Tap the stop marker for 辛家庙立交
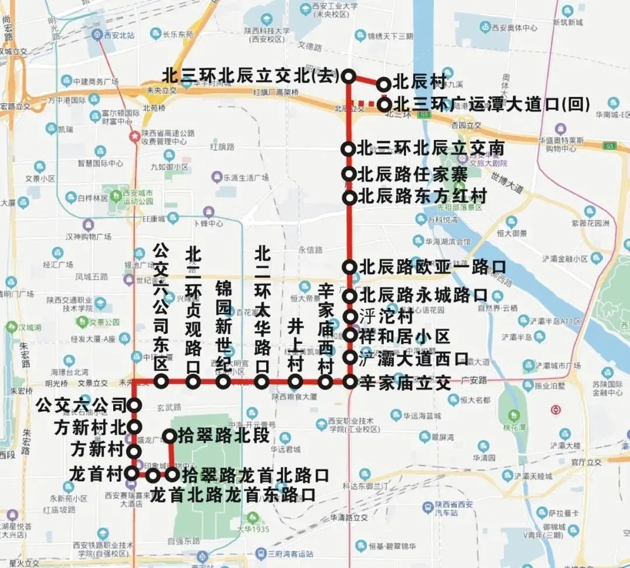click(349, 382)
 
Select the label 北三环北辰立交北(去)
click(251, 76)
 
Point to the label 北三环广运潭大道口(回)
click(492, 105)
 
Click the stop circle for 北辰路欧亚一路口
click(349, 267)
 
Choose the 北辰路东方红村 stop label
click(423, 197)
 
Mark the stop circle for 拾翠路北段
click(170, 436)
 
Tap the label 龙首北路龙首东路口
click(233, 495)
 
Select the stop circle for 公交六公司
click(134, 405)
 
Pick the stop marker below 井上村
click(296, 382)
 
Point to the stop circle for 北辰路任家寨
click(349, 173)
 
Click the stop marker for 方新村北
click(134, 427)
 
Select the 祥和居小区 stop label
click(405, 336)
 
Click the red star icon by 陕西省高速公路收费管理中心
click(135, 136)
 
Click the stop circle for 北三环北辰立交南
click(349, 149)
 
